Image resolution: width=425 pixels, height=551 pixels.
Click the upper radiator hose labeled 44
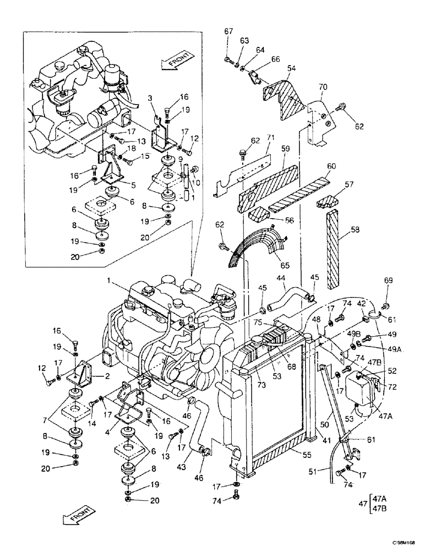(286, 301)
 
